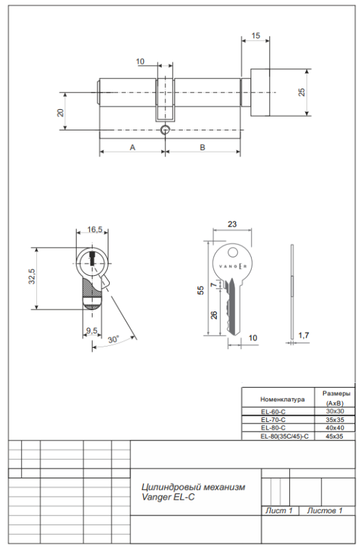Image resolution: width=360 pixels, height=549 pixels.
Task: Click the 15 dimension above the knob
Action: point(256,36)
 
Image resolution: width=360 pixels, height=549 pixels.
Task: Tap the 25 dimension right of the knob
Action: point(302,92)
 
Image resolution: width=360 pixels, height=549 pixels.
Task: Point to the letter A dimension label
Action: point(132,148)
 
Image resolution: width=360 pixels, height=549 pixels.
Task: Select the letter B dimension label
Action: point(202,148)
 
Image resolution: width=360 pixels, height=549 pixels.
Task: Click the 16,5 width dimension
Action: point(95,229)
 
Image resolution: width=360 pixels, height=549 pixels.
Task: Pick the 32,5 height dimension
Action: point(32,277)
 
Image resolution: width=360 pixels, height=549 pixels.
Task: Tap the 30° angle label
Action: point(113,339)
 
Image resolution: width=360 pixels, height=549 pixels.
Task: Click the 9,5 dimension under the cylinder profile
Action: point(92,330)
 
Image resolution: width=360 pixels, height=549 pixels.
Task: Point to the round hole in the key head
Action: point(232,252)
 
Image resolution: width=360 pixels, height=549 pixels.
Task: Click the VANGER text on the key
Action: point(232,266)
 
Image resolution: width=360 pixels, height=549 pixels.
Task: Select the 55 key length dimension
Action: point(201,290)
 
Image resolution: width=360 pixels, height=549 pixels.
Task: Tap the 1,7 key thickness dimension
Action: point(304,336)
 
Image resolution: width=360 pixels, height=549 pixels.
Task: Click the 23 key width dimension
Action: point(232,224)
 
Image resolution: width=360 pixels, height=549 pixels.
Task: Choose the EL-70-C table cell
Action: point(273,419)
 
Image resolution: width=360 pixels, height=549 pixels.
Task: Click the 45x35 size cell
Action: point(335,436)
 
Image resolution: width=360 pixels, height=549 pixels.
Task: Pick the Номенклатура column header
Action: point(283,399)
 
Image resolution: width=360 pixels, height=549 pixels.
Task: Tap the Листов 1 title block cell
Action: point(324,511)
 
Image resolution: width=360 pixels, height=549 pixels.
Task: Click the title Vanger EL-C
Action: point(168,497)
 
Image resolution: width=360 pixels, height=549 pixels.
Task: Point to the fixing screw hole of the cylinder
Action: point(165,130)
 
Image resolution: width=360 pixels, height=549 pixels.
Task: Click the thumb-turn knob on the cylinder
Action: point(260,93)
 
